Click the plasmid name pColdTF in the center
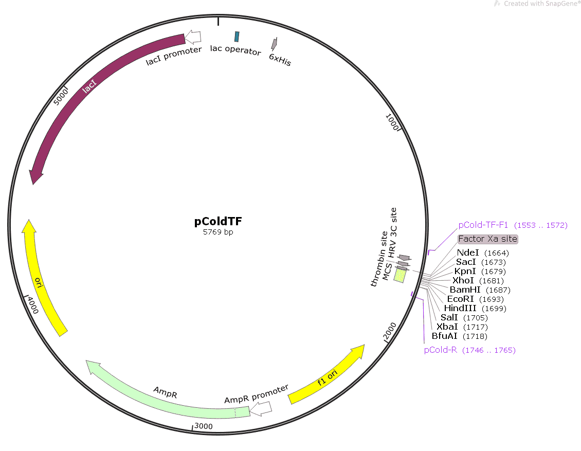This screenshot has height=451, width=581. point(218,221)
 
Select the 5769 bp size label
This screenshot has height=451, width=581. point(218,232)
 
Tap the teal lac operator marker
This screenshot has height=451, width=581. point(237,37)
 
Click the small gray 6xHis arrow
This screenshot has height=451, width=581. point(274,44)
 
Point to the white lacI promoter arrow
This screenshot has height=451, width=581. point(193,37)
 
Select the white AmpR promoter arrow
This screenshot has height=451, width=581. point(261,408)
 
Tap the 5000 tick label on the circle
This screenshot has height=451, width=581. point(61,97)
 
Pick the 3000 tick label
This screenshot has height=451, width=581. point(204,426)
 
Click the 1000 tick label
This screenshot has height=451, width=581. point(392,121)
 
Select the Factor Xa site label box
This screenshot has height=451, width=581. point(487,239)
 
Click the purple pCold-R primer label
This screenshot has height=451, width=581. point(469,350)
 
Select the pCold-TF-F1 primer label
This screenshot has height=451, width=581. point(513,225)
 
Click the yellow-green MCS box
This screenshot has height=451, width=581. point(400,275)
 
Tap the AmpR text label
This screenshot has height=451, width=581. point(165,392)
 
